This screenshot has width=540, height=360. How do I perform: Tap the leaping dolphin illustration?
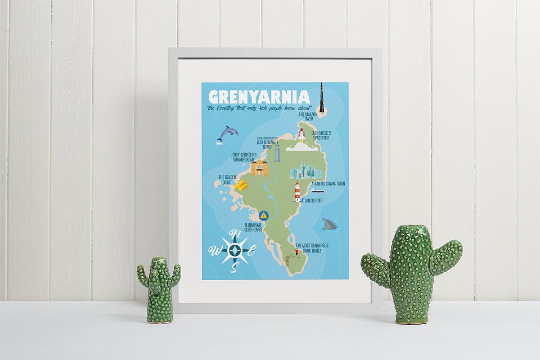point(228,134)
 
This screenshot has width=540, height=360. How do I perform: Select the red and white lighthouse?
point(297,192)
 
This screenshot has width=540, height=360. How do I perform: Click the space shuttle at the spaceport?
point(301,134)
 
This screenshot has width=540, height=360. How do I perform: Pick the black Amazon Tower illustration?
point(321,99)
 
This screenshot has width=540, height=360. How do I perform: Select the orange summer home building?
point(259,168)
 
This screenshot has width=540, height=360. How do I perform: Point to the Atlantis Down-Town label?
point(325,184)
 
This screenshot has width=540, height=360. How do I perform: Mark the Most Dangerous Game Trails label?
point(312,247)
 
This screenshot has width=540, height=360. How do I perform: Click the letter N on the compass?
point(237,234)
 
